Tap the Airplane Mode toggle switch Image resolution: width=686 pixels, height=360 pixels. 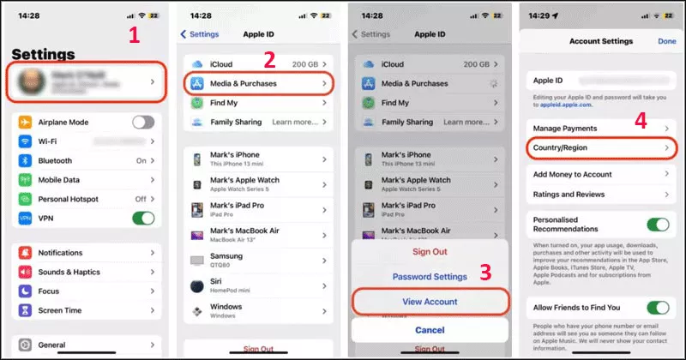[x=143, y=122]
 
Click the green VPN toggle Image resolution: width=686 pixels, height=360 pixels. [x=143, y=218]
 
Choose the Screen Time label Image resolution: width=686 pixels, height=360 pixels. [x=61, y=310]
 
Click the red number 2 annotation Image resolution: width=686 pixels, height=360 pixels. [x=269, y=59]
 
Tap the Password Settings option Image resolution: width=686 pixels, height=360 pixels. [x=430, y=277]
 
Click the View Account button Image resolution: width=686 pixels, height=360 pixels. [x=430, y=302]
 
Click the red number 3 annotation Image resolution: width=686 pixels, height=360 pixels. [x=484, y=273]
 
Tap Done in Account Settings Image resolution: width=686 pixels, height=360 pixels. [x=666, y=41]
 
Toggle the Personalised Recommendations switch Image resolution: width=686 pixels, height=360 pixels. [x=658, y=224]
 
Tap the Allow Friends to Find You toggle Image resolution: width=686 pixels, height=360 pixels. [x=658, y=307]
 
